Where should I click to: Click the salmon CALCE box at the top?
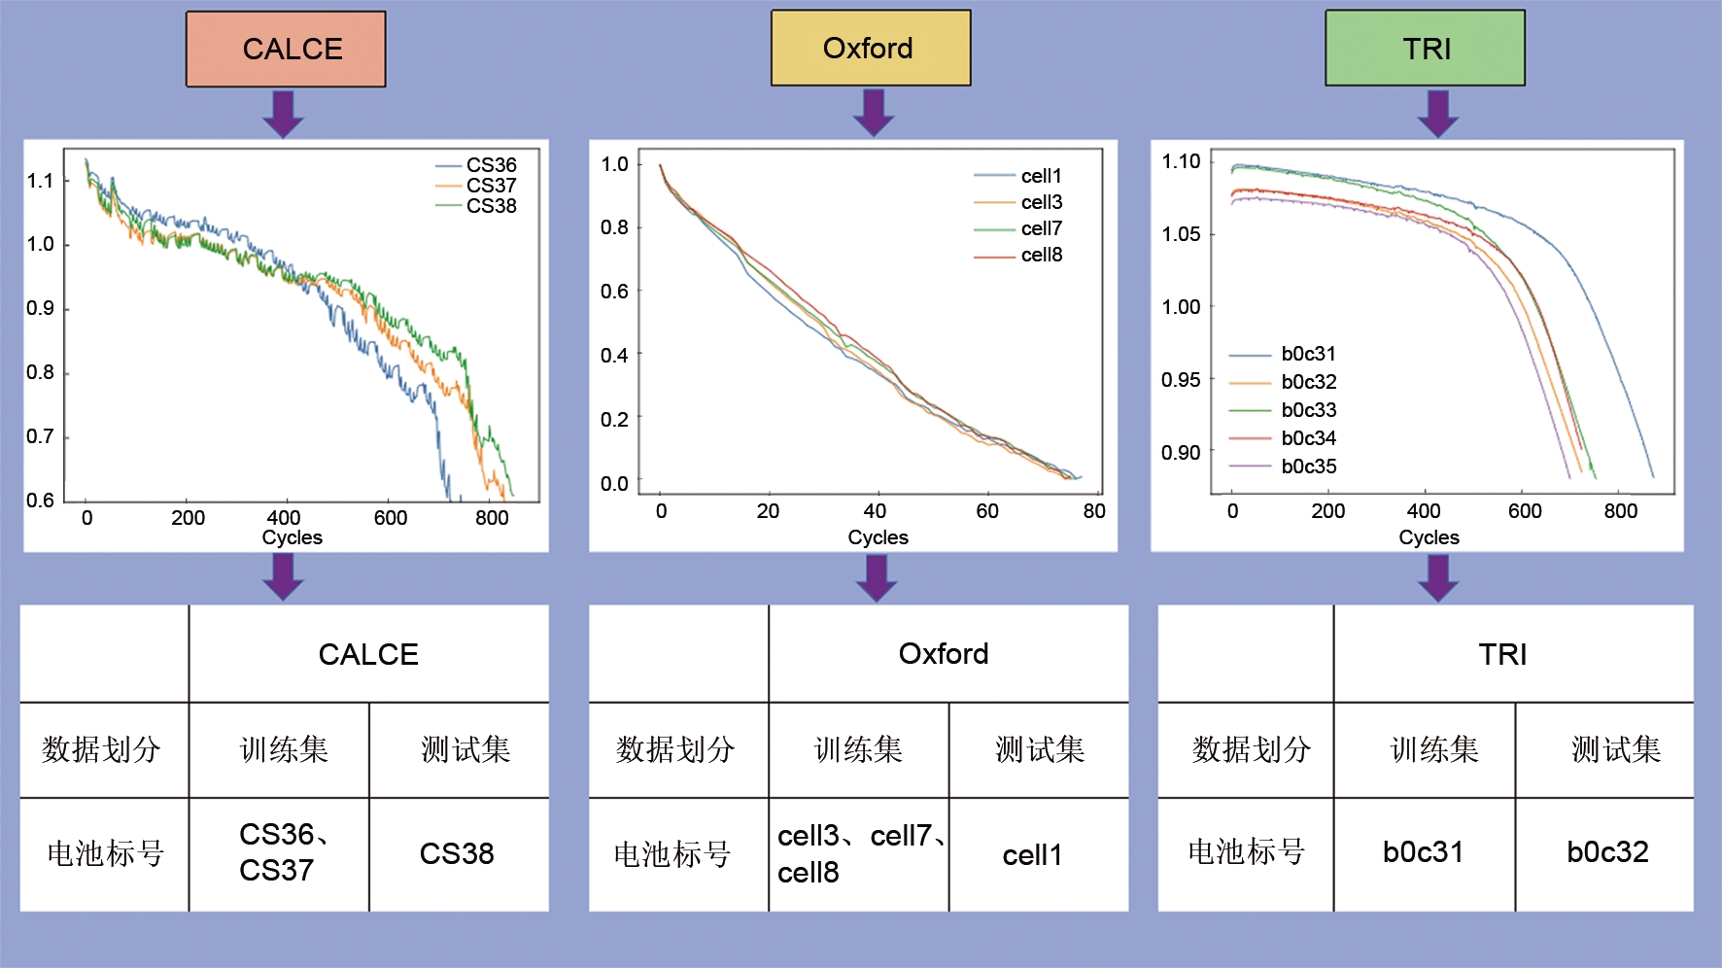286,49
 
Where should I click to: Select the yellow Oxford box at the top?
871,48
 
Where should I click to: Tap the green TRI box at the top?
1425,49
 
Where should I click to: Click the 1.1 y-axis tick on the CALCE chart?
41,181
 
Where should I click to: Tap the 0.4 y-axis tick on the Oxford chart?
614,355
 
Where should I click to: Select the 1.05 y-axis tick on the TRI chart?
1181,234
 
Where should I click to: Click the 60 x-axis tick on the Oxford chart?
987,511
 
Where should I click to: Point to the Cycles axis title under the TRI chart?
1429,537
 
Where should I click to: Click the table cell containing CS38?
458,853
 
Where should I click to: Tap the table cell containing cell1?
1033,855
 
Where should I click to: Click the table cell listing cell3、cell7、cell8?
859,854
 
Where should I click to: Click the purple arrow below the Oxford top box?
874,112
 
